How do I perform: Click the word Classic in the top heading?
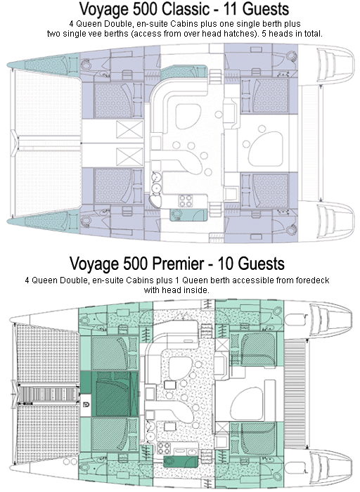(185, 8)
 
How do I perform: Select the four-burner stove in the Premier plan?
(164, 448)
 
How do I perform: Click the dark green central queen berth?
(113, 394)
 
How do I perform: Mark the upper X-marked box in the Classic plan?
(129, 129)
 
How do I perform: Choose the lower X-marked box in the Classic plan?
(129, 156)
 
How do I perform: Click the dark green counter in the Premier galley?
(181, 462)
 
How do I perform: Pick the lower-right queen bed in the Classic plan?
(270, 190)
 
